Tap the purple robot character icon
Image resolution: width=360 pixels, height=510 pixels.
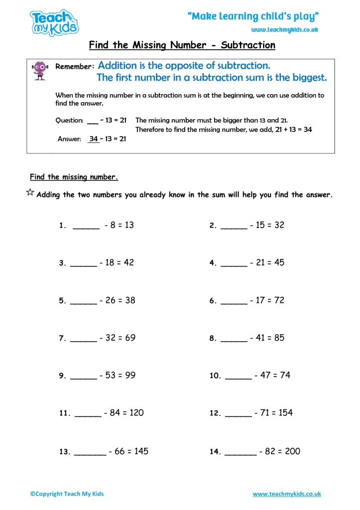pos(40,70)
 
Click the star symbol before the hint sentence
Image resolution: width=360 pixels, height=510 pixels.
pos(30,193)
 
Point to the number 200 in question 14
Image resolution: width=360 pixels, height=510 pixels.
pos(292,451)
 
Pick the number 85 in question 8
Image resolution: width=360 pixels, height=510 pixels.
pos(279,338)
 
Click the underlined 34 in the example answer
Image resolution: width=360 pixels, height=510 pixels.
pos(94,139)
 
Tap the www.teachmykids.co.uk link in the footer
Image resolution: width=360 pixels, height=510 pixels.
pos(287,494)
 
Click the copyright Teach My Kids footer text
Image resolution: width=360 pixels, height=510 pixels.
pos(67,494)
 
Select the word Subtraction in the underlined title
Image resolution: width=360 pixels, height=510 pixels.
pos(248,45)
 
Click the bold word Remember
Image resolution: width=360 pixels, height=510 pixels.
pos(75,66)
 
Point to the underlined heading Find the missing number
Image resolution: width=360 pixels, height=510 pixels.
pos(74,177)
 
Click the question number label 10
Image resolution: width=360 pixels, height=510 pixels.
pos(215,376)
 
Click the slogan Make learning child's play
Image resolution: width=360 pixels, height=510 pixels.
pos(253,16)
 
